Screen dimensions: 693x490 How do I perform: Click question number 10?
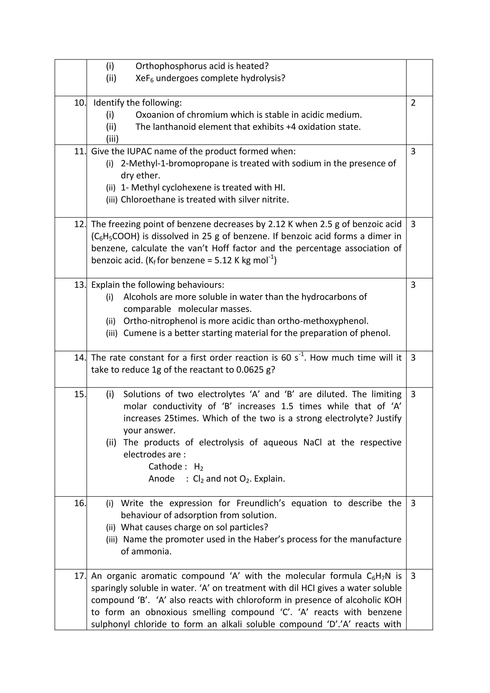tap(80, 103)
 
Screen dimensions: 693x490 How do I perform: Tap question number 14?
tap(80, 358)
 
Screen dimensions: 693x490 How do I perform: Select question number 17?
tap(80, 576)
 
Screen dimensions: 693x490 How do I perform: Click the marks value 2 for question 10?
tap(413, 103)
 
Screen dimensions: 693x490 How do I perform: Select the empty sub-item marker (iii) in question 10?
tap(112, 139)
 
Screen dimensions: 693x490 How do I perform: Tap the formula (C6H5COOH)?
tap(115, 236)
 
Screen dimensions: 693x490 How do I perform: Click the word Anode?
tap(161, 479)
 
